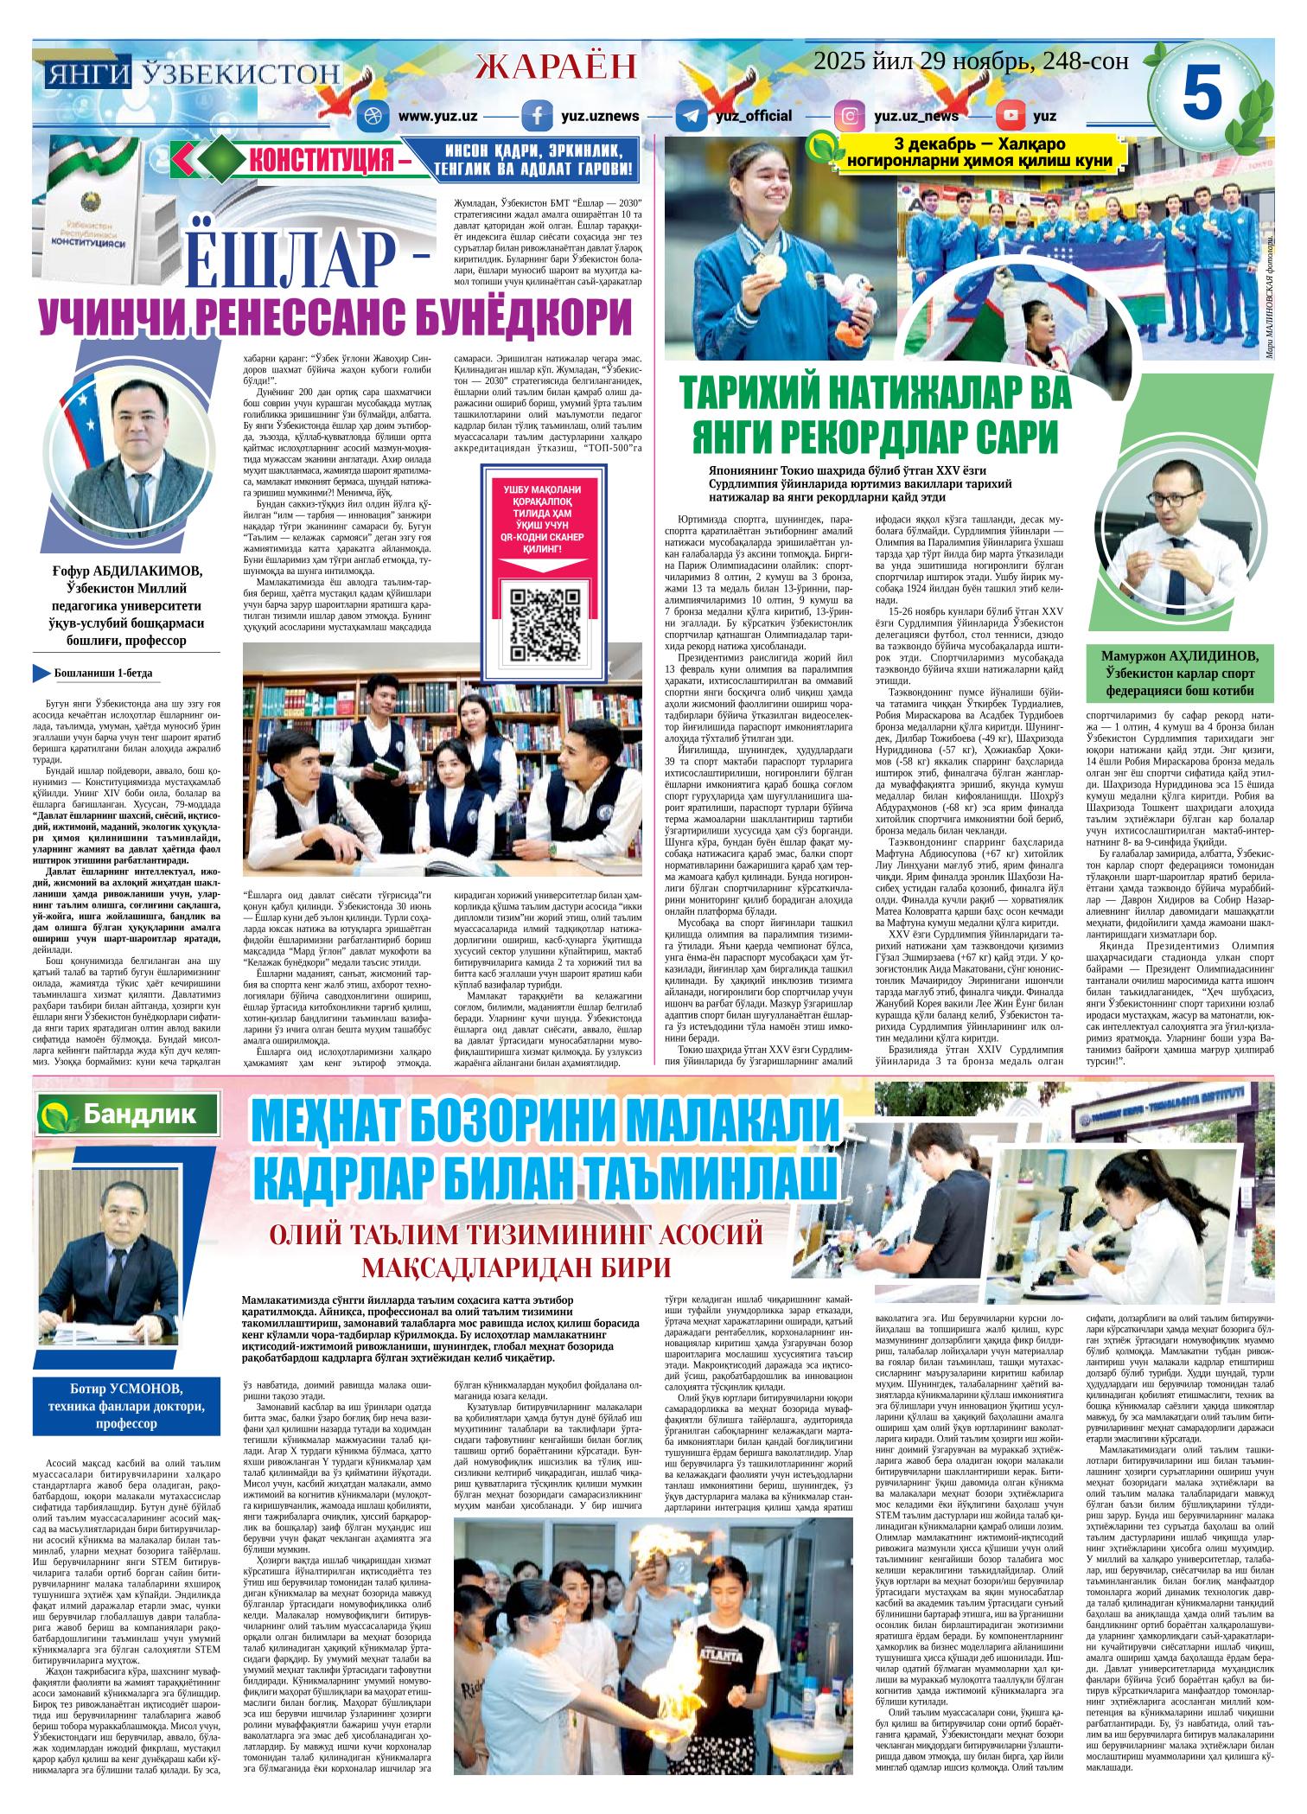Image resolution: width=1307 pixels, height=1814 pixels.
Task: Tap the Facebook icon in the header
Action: coord(537,116)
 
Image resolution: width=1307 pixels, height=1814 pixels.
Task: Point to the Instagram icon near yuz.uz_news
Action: coord(850,116)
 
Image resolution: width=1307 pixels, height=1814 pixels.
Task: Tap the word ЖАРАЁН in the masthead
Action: coord(557,66)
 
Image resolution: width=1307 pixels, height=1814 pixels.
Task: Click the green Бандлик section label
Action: coord(124,1116)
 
